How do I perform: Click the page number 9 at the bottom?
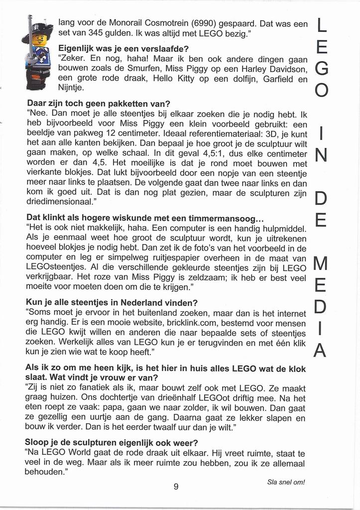tap(176, 487)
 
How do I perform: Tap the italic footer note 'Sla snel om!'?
tap(286, 482)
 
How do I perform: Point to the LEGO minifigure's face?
tap(38, 40)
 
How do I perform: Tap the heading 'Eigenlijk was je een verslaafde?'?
tap(123, 49)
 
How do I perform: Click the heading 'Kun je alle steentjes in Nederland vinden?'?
tap(112, 302)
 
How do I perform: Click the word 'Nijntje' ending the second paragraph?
tap(71, 88)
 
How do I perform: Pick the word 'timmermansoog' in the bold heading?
tap(221, 218)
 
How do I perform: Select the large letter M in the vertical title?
tap(321, 263)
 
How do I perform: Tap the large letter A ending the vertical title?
tap(321, 350)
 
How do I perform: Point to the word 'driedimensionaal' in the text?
tap(58, 202)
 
